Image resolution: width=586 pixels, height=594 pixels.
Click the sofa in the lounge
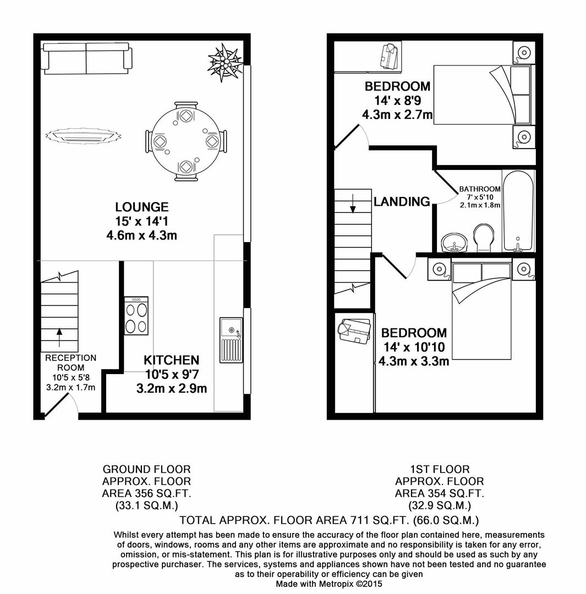pos(87,58)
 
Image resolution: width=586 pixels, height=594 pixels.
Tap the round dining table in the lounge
pos(185,141)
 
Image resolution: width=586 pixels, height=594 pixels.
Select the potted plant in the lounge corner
pos(224,62)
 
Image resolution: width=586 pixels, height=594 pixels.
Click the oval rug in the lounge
pos(83,135)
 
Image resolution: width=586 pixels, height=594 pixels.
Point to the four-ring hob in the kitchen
pos(136,316)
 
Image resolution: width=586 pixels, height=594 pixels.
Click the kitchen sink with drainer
pos(231,340)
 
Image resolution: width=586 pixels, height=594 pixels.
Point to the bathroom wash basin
pos(454,242)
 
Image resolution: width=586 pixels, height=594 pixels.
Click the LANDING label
pos(402,202)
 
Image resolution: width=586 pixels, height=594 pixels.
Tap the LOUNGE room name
pos(141,207)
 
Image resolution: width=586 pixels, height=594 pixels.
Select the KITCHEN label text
pos(171,360)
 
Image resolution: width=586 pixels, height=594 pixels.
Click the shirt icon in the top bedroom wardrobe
pos(390,57)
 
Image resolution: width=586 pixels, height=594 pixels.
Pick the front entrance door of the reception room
pos(58,408)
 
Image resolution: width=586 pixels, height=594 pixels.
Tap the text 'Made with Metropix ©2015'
pos(328,584)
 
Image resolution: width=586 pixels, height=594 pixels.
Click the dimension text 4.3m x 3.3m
pos(413,361)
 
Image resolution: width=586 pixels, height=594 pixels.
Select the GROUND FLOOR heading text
pos(146,469)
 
